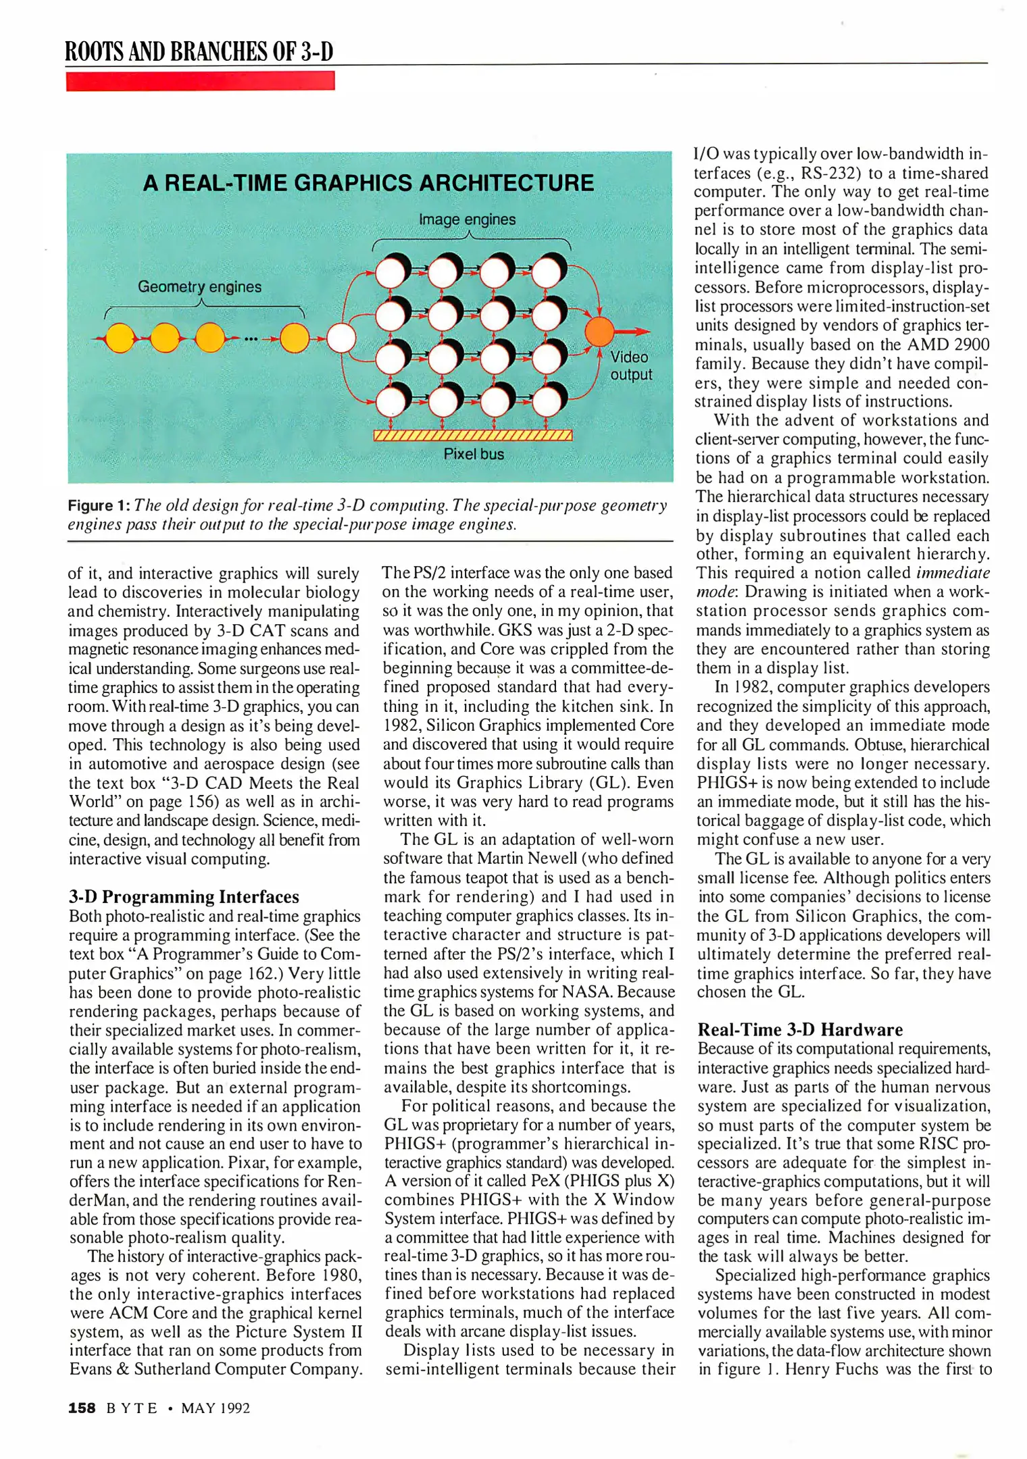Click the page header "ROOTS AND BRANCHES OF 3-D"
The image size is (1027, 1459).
tap(199, 51)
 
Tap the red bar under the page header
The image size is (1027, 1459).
tap(200, 81)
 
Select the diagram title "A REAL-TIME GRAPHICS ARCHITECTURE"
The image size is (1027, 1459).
tap(368, 183)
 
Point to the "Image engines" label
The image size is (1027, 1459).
tap(467, 220)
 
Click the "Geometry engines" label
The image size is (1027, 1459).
tap(199, 286)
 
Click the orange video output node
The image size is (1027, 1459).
tap(599, 331)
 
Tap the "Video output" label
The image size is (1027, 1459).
tap(630, 365)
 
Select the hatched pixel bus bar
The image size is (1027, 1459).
tap(473, 435)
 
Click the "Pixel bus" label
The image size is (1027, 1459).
tap(474, 455)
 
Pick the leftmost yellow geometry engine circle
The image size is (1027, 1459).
tap(120, 338)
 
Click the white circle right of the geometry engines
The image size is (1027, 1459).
tap(341, 338)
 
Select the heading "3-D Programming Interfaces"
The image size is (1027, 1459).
tap(184, 896)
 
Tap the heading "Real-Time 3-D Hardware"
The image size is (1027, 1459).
tap(800, 1029)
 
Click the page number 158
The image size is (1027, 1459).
tap(82, 1408)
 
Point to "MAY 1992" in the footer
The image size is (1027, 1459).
tap(216, 1408)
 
